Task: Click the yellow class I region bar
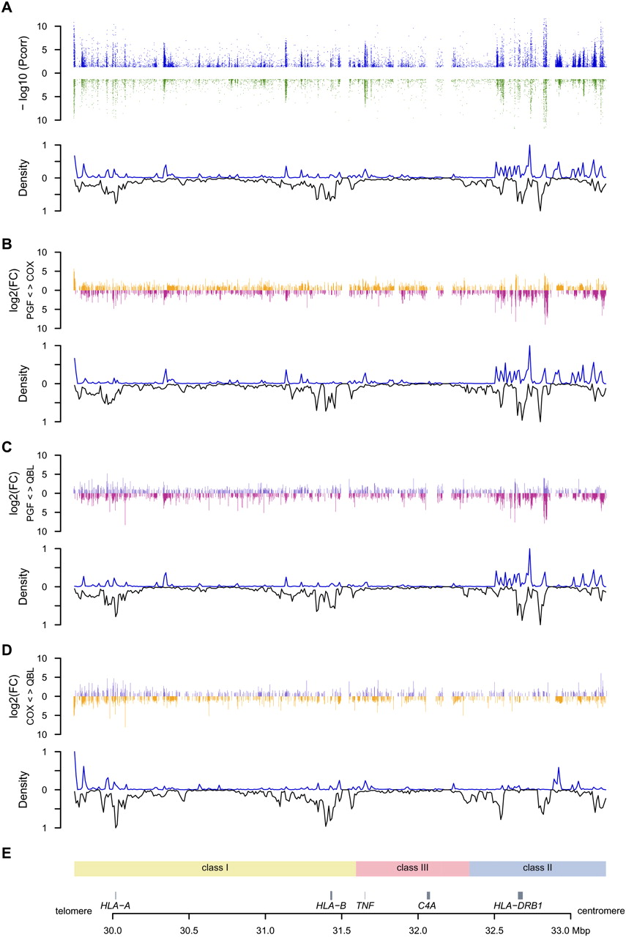(215, 867)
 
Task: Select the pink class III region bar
(412, 867)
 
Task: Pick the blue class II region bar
(537, 867)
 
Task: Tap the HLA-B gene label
(331, 906)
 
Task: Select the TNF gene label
(365, 906)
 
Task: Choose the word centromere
(598, 911)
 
